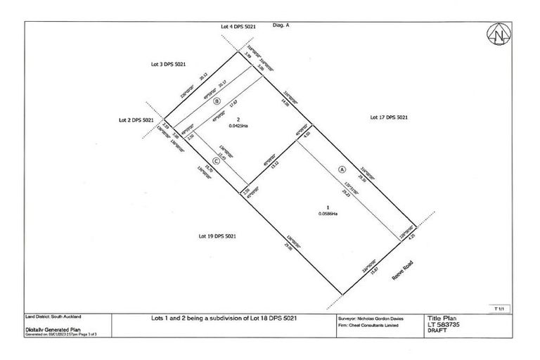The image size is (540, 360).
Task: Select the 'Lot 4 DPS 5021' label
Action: click(235, 26)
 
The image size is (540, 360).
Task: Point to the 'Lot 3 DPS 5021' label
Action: click(170, 64)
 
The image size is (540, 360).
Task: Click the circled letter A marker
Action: click(342, 169)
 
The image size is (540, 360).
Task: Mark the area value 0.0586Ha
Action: click(326, 214)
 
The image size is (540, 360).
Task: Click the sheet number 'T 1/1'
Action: click(500, 308)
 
